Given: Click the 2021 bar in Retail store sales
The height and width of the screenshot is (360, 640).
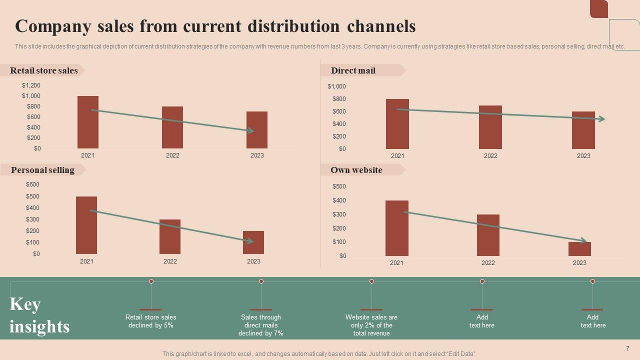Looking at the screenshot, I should click(88, 122).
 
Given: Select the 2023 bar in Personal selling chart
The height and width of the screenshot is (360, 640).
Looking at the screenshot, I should click(253, 242).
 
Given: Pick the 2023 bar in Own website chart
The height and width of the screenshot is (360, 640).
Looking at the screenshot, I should click(579, 249).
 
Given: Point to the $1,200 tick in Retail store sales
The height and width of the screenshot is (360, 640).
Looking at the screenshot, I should click(31, 85).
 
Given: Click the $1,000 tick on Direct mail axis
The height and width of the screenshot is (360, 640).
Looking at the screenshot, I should click(336, 86).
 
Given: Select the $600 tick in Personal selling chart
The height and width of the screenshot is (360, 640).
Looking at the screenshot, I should click(32, 184).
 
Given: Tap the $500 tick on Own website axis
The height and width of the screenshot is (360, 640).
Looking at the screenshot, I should click(339, 186).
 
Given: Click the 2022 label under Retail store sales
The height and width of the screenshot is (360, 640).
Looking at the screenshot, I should click(172, 155).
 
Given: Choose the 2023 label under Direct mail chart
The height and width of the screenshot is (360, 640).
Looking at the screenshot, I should click(583, 156).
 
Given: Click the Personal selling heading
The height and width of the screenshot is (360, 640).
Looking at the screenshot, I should click(42, 170).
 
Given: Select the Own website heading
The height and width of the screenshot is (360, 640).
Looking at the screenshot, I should click(356, 170).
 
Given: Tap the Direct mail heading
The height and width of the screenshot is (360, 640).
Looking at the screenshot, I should click(353, 70).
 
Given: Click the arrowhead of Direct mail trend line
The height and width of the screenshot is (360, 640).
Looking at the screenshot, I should click(602, 119).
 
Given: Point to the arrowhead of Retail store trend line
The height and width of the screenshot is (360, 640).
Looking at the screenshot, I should click(251, 131).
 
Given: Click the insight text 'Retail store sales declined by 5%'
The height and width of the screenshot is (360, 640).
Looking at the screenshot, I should click(150, 321).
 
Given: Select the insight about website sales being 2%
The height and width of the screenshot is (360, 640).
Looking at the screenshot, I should click(371, 325).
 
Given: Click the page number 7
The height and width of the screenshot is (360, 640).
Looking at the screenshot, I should click(627, 348).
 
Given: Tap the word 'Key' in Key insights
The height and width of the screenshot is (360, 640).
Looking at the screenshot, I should click(25, 304).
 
